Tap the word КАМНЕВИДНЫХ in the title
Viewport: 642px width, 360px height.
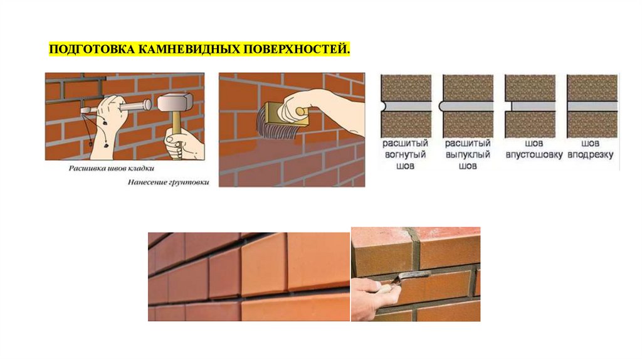pos(189,50)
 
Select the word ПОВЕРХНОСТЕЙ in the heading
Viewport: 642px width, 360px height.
pos(297,50)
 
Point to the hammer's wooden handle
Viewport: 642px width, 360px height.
pos(176,123)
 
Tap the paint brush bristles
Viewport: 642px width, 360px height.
pos(272,124)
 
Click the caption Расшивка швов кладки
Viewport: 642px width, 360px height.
pos(112,168)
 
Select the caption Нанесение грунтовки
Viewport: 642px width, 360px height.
pos(168,183)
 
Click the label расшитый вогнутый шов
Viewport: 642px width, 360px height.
pos(405,154)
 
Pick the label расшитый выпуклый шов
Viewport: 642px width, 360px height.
pos(468,154)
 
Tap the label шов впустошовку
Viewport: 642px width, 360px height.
pos(534,149)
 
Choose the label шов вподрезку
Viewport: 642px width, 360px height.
pos(591,149)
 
